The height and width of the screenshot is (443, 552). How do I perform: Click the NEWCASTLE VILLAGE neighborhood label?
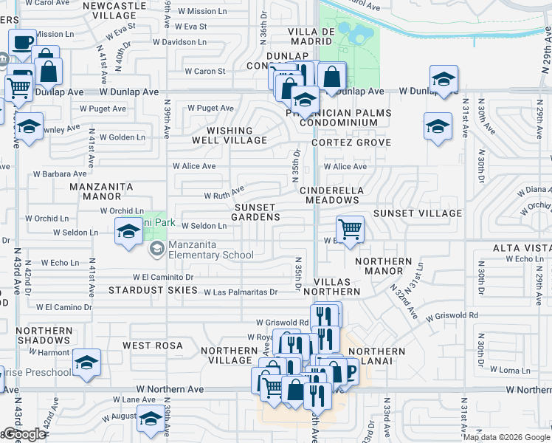coord(114,10)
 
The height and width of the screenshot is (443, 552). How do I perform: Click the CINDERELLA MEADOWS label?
coord(331,195)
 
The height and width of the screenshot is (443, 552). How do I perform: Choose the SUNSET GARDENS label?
coord(255,213)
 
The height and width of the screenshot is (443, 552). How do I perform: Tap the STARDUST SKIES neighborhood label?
coord(153,290)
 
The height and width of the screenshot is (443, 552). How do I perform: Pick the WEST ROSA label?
coord(152,346)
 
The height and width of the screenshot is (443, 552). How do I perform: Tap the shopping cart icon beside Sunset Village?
coord(350,229)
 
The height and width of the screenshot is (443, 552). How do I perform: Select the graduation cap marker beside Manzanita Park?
coord(128,232)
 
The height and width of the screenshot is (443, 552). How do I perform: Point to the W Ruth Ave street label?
coord(224,196)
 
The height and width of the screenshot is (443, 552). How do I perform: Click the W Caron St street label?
coord(204,72)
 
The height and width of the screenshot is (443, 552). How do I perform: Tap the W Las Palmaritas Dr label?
coord(241,292)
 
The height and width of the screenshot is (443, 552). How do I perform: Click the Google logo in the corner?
coord(24,434)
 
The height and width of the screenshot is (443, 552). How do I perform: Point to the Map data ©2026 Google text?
coord(506,437)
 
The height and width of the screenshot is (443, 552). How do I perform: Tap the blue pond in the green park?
coord(357,34)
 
